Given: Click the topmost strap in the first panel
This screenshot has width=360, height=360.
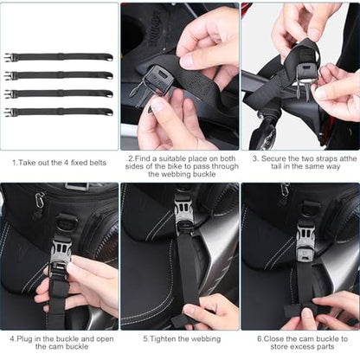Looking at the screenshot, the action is click(59, 57).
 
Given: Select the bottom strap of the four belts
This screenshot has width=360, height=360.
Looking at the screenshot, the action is click(59, 112).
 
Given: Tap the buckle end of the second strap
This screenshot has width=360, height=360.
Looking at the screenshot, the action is click(8, 75).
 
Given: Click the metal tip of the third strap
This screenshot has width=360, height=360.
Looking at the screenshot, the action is click(109, 94).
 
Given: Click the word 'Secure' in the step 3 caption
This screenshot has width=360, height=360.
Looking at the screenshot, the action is click(273, 158).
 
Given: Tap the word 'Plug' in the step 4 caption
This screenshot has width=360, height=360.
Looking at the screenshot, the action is click(24, 339).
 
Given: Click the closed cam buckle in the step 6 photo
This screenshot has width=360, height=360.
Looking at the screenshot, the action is click(305, 243).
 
